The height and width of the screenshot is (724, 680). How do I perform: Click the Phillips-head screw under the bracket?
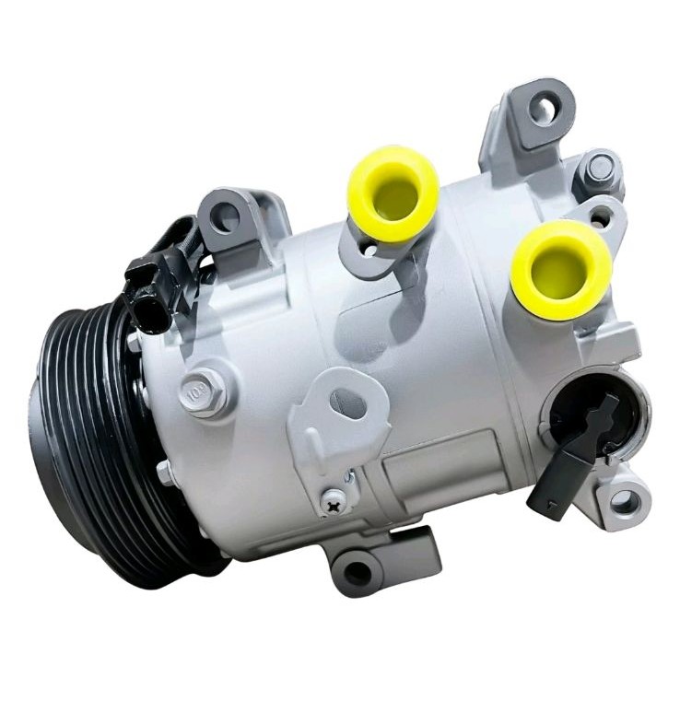[x=333, y=499]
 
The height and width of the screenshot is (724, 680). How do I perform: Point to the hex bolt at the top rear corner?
[x=600, y=169]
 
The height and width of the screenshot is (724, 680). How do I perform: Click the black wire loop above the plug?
[x=180, y=236]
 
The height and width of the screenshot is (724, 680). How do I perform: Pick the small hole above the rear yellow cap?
[x=600, y=220]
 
